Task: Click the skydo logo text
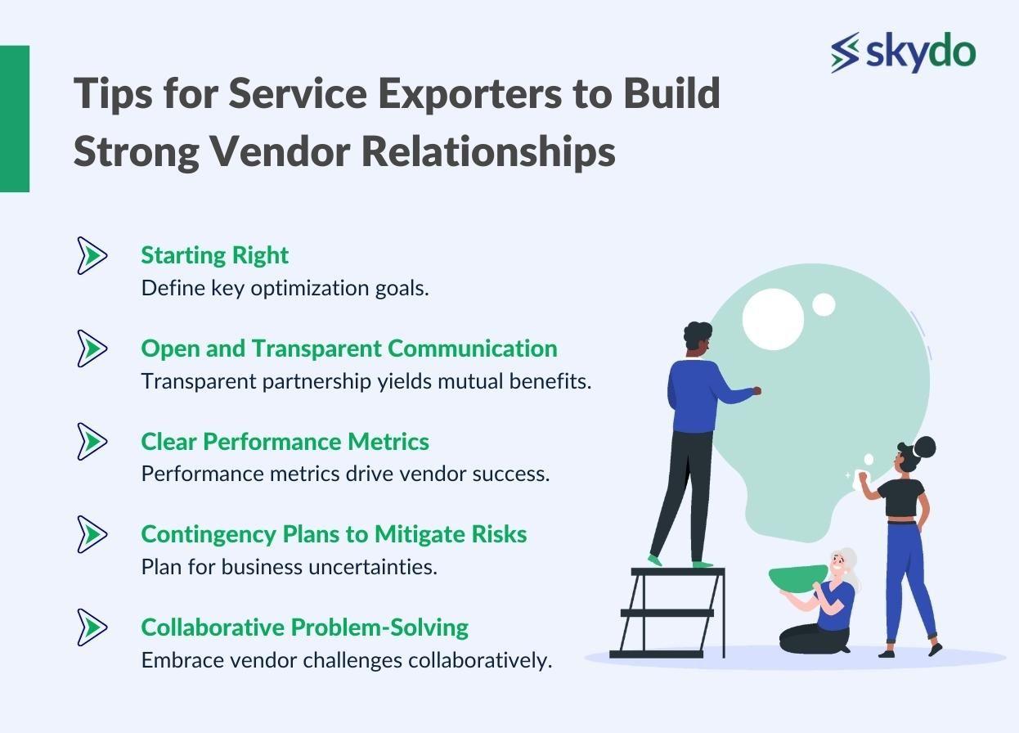(x=921, y=53)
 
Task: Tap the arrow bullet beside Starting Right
(x=92, y=255)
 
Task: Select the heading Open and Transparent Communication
(x=349, y=349)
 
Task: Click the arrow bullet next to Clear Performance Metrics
(x=92, y=441)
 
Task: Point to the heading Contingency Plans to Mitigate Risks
(x=334, y=535)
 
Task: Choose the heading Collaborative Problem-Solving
(x=305, y=627)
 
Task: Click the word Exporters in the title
(x=470, y=95)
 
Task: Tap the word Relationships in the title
(x=488, y=152)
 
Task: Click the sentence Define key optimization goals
(x=285, y=289)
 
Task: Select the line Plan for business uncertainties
(x=290, y=568)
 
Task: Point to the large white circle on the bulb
(x=773, y=319)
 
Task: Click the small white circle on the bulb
(x=824, y=304)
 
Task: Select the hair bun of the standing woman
(x=924, y=447)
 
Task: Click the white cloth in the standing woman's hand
(x=861, y=480)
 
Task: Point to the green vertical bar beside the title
(x=15, y=119)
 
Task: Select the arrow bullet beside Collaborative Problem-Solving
(x=92, y=627)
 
